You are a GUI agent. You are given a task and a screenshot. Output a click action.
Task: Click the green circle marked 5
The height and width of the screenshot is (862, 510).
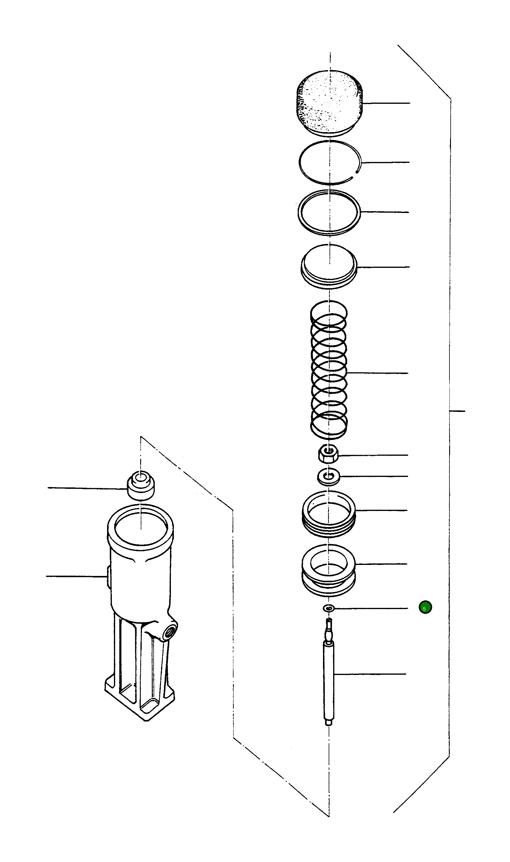[425, 607]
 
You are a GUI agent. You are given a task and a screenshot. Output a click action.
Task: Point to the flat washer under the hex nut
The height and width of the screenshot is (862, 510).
[328, 476]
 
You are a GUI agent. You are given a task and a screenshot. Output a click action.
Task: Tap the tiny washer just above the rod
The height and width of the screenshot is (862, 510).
[329, 608]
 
